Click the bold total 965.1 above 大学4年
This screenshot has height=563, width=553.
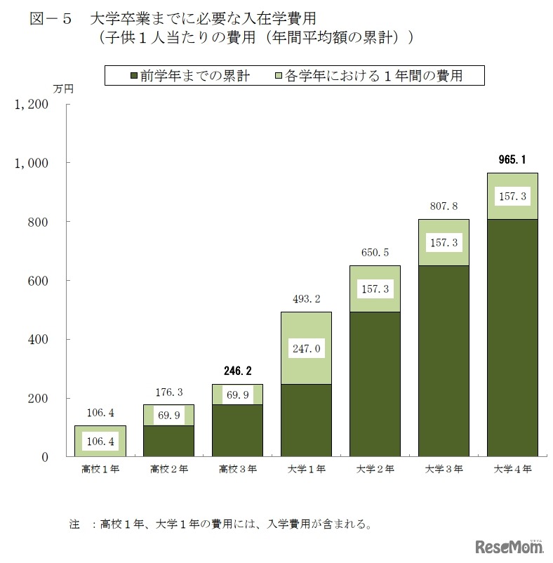(x=512, y=160)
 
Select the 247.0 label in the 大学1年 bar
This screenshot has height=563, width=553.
(x=305, y=347)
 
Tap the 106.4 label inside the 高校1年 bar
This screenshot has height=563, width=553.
(x=100, y=442)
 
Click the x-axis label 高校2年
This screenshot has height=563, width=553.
(x=168, y=469)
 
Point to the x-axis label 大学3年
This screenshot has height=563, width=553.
(x=443, y=469)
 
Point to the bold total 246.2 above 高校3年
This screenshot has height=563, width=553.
(x=236, y=371)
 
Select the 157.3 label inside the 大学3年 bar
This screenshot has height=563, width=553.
(x=443, y=242)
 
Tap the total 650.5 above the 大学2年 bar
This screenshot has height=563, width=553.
(x=374, y=252)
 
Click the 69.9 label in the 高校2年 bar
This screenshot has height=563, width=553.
(x=168, y=415)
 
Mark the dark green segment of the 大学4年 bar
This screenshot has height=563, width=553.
(x=512, y=337)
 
